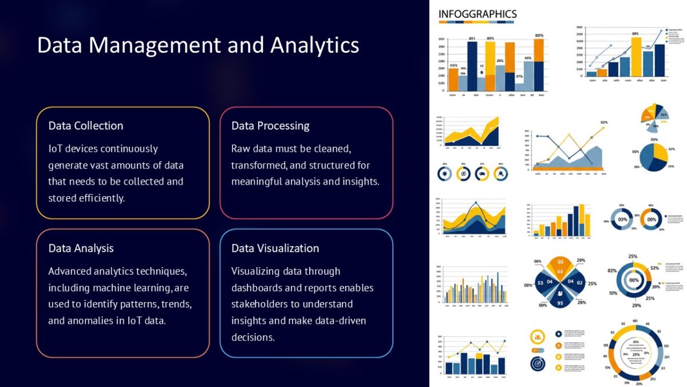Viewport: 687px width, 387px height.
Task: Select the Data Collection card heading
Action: pyautogui.click(x=86, y=126)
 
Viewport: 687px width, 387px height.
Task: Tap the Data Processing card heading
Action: pyautogui.click(x=270, y=126)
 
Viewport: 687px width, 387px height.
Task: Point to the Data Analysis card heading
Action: pyautogui.click(x=81, y=248)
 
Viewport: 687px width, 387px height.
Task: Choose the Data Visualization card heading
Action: pyautogui.click(x=275, y=248)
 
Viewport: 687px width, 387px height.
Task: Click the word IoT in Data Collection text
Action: pyautogui.click(x=56, y=149)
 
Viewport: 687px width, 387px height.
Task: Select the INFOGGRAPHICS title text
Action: pyautogui.click(x=477, y=14)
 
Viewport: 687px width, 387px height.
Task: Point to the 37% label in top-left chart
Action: pyautogui.click(x=519, y=76)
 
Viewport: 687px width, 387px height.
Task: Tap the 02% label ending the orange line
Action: pyautogui.click(x=604, y=123)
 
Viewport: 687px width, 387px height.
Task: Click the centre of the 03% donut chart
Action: pyautogui.click(x=622, y=220)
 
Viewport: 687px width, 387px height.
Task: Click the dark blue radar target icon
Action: pyautogui.click(x=538, y=362)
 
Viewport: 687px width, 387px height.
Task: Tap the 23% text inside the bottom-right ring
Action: pyautogui.click(x=636, y=355)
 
